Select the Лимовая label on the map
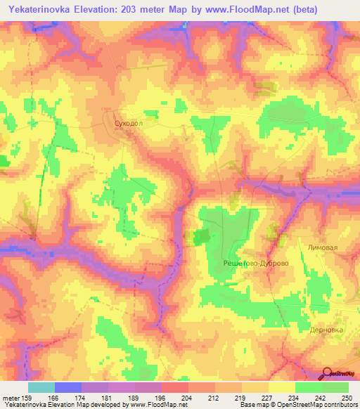[323, 248]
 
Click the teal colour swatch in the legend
[41, 387]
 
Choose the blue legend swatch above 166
[68, 387]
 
